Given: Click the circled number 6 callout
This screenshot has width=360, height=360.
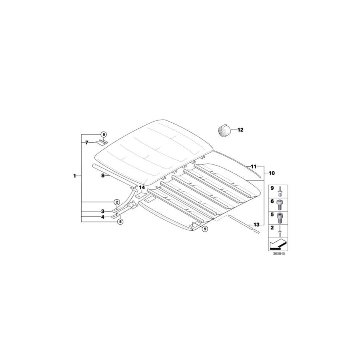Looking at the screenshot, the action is click(104, 134).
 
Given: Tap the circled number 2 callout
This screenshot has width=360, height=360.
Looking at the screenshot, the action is click(117, 202).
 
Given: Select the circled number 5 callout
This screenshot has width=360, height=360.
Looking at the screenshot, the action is click(120, 222).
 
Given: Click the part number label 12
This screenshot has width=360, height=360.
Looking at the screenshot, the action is click(240, 130).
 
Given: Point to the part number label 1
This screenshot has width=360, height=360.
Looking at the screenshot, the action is click(74, 176).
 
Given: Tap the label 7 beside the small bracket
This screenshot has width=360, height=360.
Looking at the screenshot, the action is click(86, 142).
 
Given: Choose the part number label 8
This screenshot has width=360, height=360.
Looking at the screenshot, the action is click(103, 176).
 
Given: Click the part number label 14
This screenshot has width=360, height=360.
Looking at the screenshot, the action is click(142, 188).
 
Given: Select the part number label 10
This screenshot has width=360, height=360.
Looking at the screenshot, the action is click(272, 173).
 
